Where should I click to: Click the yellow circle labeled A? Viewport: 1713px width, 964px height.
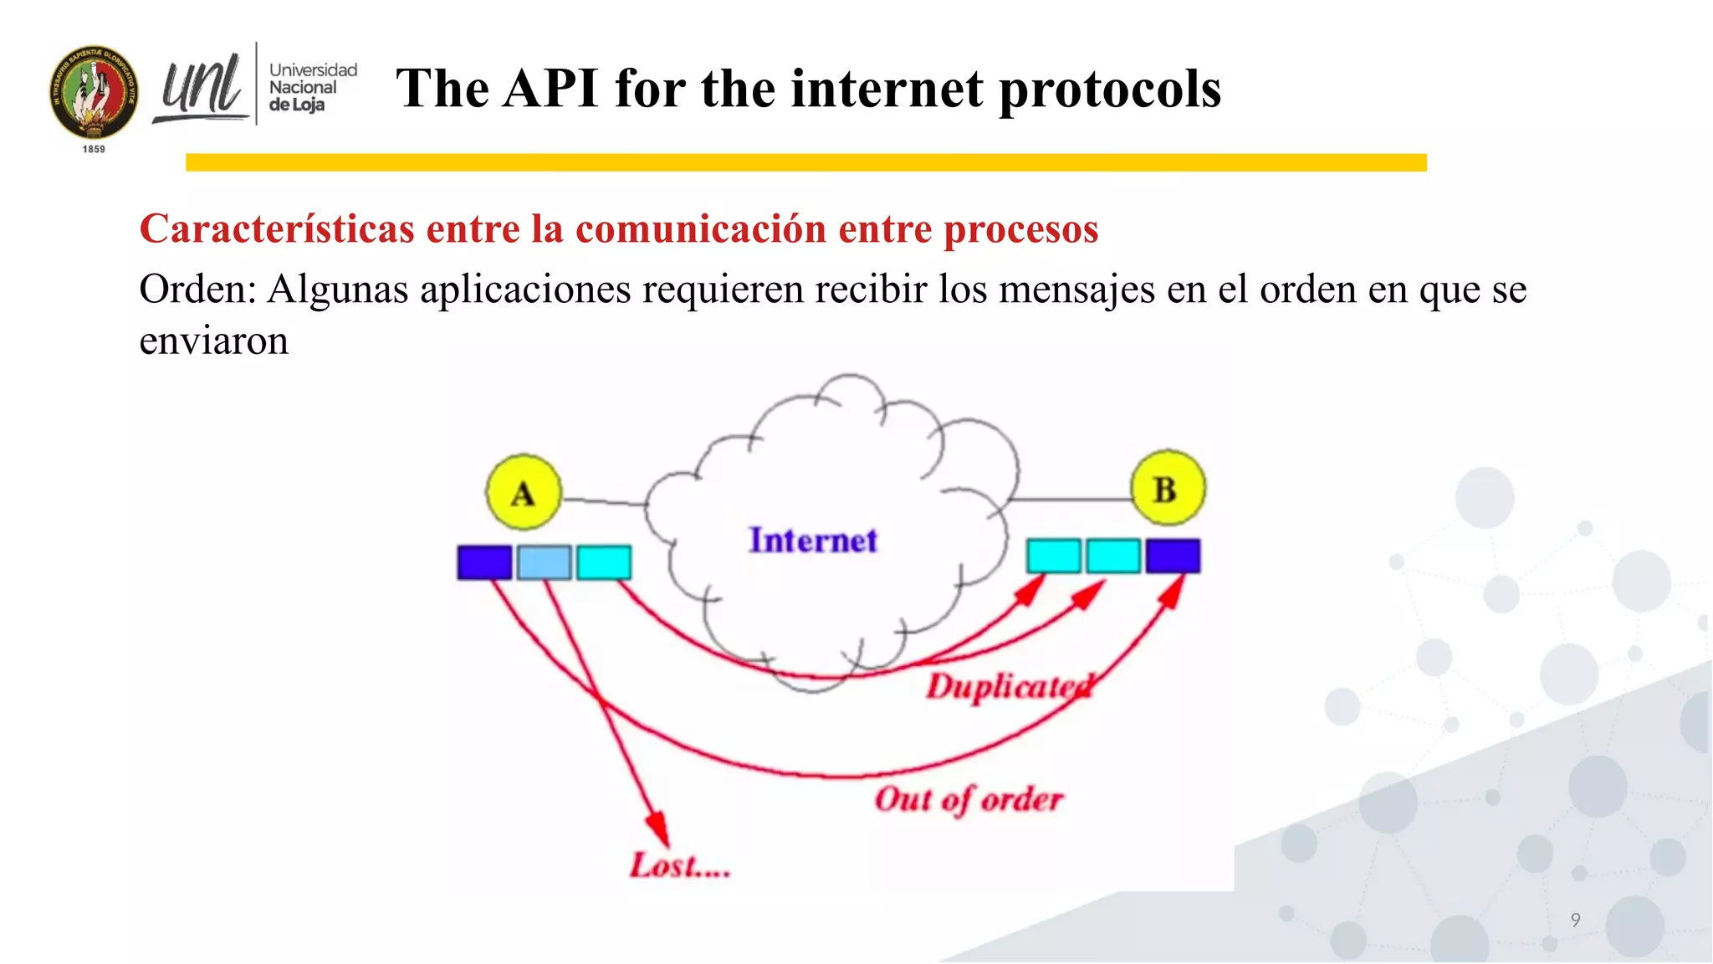click(x=524, y=492)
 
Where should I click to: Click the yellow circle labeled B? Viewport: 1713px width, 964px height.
click(x=1168, y=488)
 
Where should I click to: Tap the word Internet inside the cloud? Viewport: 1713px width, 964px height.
click(x=813, y=541)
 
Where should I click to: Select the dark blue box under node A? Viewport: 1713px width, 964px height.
click(x=484, y=561)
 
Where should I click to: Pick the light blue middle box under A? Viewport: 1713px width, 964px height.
click(x=544, y=561)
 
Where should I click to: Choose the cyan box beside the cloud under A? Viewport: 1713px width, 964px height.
click(x=604, y=561)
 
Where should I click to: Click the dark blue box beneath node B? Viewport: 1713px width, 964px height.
click(x=1173, y=556)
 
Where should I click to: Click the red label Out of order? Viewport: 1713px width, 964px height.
click(x=969, y=799)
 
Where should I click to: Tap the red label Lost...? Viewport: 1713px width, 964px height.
click(x=679, y=865)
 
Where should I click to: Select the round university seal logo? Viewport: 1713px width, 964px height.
click(x=94, y=93)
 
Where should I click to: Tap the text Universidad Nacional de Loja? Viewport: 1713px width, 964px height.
click(x=312, y=87)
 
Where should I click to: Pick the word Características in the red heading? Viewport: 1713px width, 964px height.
click(x=277, y=228)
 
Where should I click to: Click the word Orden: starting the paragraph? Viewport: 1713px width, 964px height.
click(x=197, y=290)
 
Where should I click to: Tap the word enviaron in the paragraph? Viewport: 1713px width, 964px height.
click(x=213, y=341)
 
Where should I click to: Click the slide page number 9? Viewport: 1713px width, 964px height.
click(x=1575, y=920)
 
